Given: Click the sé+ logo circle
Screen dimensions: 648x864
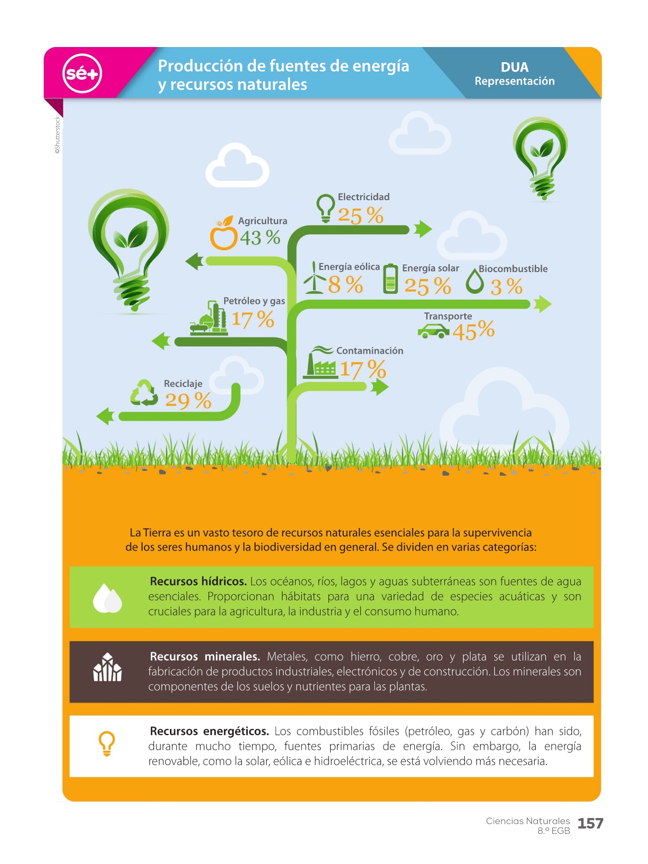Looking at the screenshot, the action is [82, 73].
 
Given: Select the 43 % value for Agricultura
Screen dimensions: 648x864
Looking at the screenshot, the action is [260, 237].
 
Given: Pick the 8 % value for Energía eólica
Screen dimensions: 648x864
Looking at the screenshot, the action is [346, 284].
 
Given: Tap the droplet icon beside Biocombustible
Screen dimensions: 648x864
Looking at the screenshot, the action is [475, 280].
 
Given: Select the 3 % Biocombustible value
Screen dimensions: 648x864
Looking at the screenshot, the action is [506, 287].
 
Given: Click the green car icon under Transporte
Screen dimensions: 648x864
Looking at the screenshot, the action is [433, 331].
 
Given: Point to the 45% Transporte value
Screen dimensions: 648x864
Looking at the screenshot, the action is [473, 331].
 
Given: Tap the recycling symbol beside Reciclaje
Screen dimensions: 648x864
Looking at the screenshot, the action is [144, 393].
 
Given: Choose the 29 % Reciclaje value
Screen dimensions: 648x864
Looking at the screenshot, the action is [188, 400].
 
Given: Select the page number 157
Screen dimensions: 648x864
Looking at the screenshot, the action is [590, 824].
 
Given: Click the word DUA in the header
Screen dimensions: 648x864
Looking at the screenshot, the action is [515, 67].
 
